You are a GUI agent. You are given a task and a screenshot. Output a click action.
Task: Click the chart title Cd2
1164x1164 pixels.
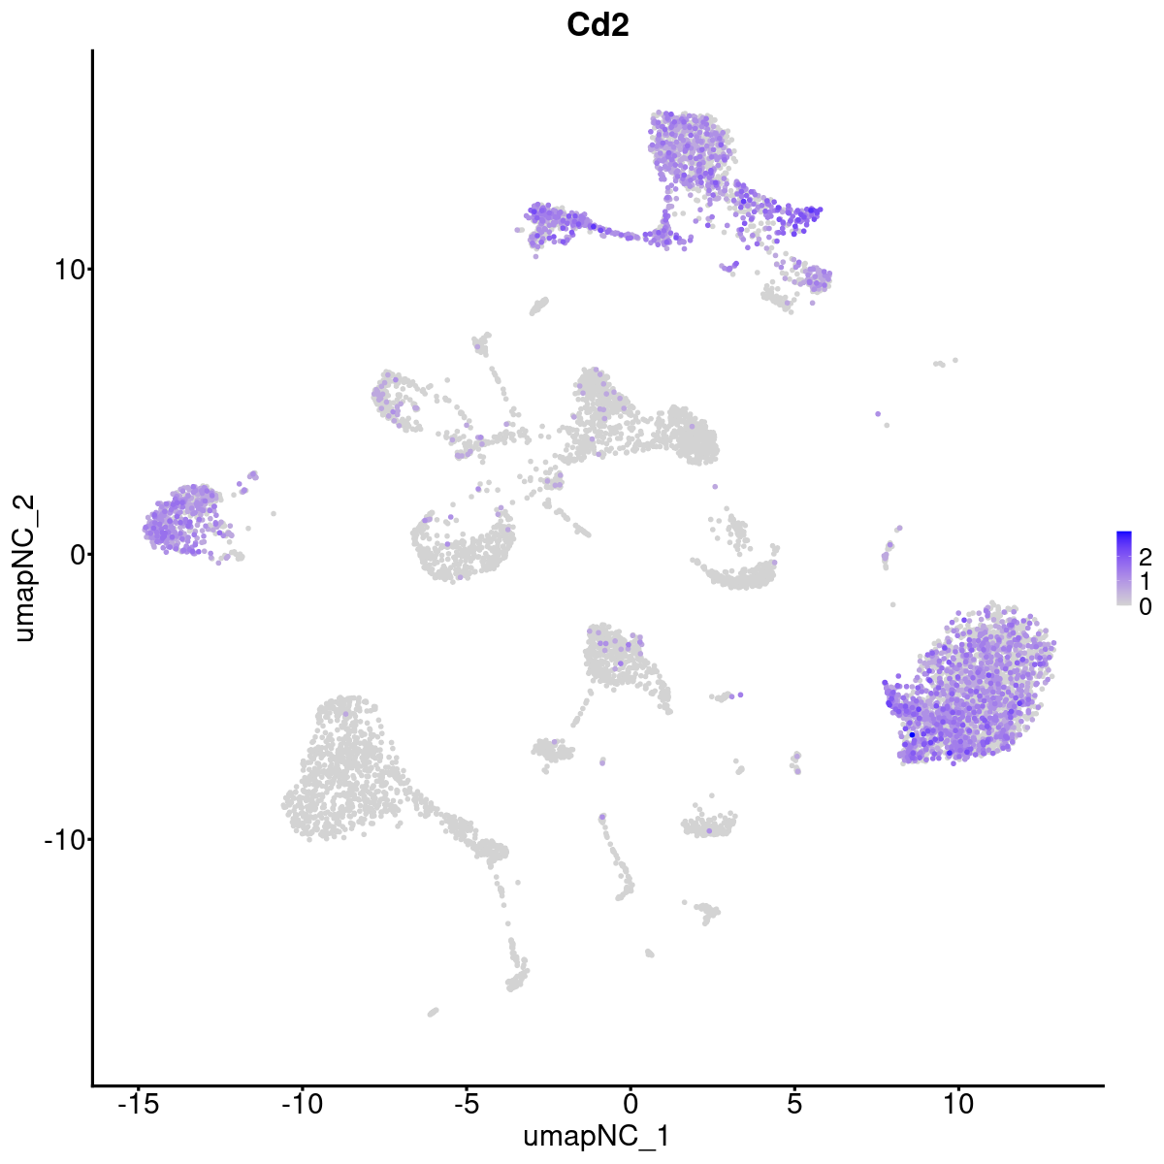[598, 26]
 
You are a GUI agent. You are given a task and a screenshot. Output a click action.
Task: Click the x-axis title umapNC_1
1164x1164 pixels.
[597, 1136]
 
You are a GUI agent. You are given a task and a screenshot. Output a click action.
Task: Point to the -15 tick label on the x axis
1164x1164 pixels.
[137, 1104]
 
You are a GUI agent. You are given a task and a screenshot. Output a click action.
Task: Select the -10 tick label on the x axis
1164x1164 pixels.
[301, 1104]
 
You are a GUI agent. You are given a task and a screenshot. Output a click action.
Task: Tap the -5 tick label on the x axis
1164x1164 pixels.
[466, 1104]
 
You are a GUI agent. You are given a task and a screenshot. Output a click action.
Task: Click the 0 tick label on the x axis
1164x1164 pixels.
[630, 1104]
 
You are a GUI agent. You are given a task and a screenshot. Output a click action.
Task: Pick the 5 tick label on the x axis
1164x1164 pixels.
[794, 1104]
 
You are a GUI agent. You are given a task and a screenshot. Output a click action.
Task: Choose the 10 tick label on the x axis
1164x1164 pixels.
[958, 1104]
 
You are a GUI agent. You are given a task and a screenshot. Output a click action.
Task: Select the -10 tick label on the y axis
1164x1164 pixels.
[61, 839]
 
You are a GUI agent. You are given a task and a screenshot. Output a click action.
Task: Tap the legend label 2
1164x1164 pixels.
[1145, 557]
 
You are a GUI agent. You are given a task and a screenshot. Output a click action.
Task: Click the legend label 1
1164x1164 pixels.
[1145, 581]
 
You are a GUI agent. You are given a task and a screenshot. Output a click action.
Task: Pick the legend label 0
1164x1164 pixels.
[1145, 606]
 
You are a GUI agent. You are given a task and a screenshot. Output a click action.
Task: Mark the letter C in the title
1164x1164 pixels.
[579, 26]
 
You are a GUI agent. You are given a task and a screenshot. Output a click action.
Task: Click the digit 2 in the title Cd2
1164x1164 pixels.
[619, 26]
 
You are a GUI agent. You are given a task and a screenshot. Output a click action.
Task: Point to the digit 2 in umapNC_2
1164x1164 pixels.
[25, 502]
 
